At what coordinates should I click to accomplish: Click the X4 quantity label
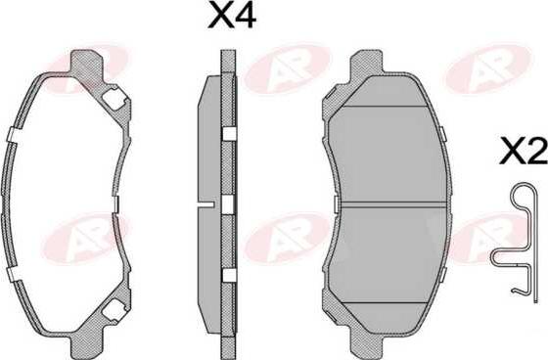click(x=232, y=16)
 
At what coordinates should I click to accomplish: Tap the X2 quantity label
click(x=524, y=151)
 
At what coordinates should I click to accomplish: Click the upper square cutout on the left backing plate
click(x=114, y=98)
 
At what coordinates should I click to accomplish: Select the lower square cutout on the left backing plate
click(x=115, y=310)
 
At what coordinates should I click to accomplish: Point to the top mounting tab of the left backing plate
click(x=87, y=63)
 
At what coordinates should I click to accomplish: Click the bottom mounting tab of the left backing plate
click(x=87, y=344)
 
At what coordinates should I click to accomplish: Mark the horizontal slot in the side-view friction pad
click(x=205, y=204)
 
